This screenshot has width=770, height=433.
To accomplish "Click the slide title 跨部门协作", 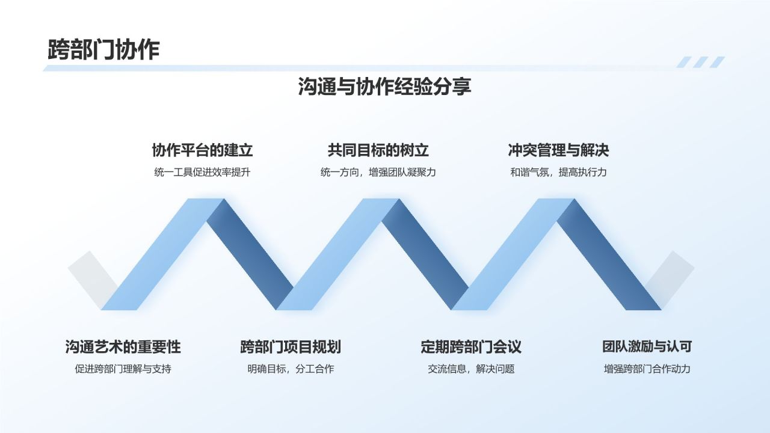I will point(103,50).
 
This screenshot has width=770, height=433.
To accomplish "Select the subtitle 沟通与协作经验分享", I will point(384,87).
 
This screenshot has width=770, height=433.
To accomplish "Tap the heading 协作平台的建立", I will point(202,150).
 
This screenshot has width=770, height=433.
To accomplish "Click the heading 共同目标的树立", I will point(378,150).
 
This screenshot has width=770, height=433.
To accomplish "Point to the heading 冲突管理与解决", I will point(558,150).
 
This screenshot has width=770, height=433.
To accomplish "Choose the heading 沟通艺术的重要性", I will point(123,347).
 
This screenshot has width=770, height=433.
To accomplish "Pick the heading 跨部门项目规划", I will point(290,347).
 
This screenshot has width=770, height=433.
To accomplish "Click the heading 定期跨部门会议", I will point(470,347).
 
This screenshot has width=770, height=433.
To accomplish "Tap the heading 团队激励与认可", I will point(647,347).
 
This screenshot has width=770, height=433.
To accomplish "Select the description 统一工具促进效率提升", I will point(202,173).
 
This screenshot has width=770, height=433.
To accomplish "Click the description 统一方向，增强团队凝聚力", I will point(378,173).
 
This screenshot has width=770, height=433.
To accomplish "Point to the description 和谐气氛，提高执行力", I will point(558,173).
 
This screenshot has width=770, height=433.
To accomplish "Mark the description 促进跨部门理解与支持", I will point(123,369).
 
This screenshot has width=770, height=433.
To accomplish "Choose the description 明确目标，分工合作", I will point(290,369).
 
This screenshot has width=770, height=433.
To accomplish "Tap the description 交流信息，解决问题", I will point(470,369).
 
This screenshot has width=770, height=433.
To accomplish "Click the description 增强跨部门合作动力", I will point(647,369).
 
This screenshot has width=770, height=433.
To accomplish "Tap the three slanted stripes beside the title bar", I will point(700,62).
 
